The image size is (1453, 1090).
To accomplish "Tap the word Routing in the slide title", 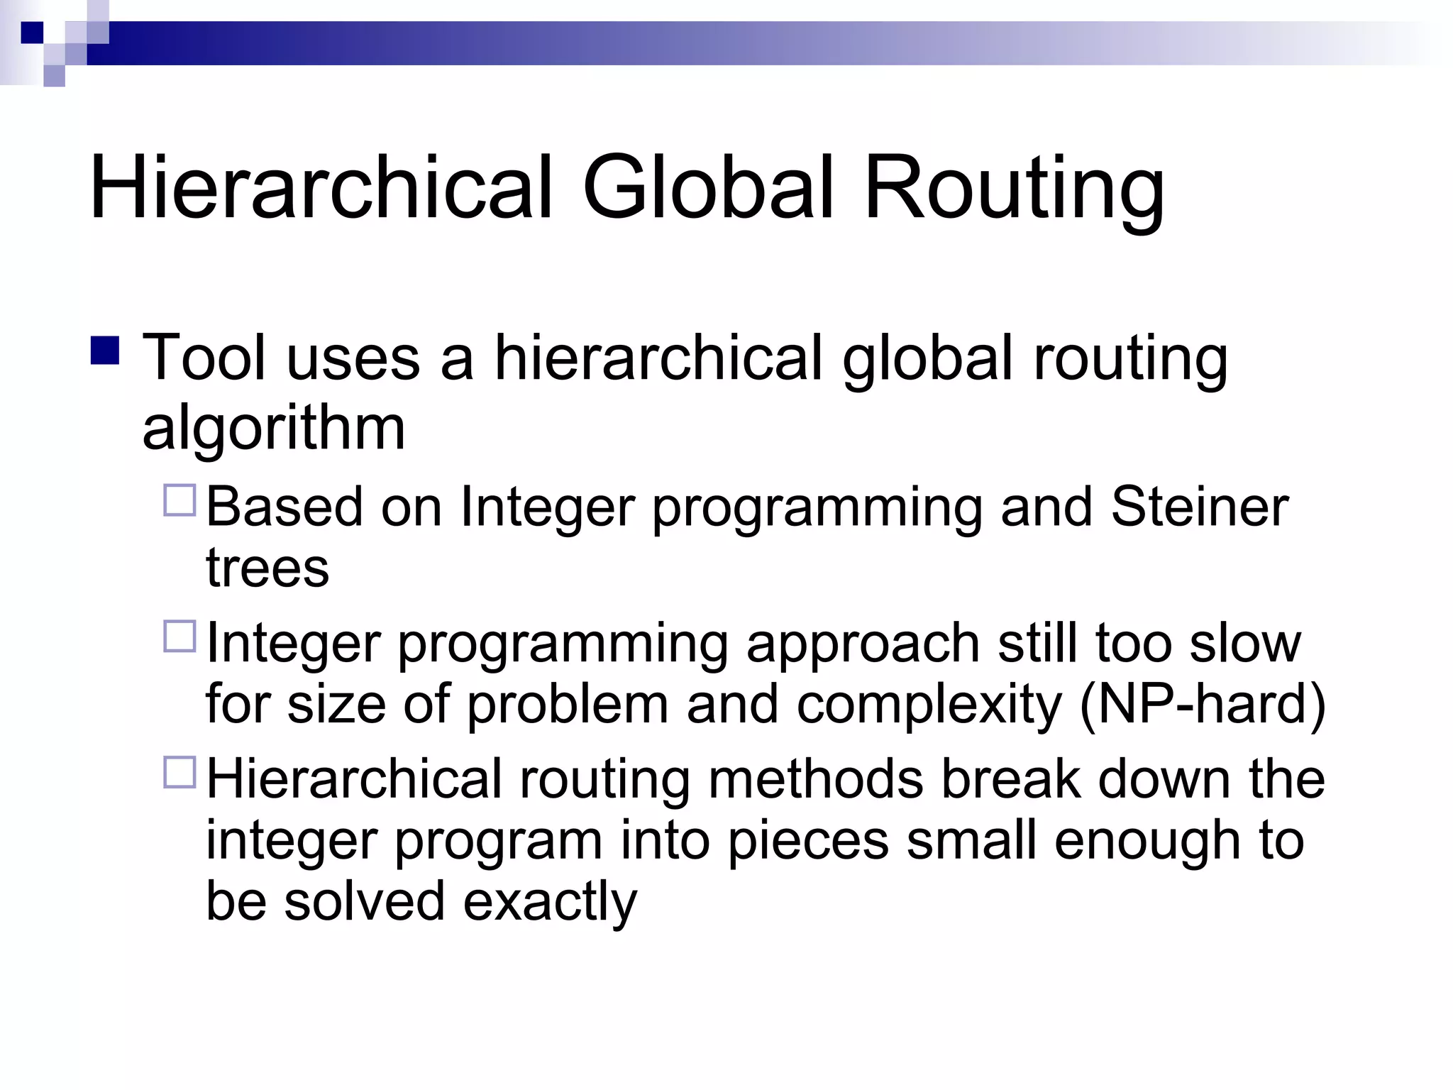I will pyautogui.click(x=1014, y=192).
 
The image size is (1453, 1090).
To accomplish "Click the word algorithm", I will pyautogui.click(x=273, y=430).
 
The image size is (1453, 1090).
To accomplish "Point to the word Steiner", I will pyautogui.click(x=1199, y=507).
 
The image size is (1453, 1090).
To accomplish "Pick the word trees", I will pyautogui.click(x=267, y=568).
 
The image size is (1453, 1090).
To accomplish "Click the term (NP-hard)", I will pyautogui.click(x=1202, y=705).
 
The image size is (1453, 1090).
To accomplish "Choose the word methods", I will pyautogui.click(x=816, y=779).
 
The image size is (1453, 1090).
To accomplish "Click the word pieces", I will pyautogui.click(x=808, y=842).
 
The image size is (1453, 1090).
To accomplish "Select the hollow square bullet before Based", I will pyautogui.click(x=179, y=500).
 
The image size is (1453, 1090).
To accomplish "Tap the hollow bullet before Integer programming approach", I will pyautogui.click(x=179, y=637).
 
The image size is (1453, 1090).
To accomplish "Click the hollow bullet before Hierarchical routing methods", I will pyautogui.click(x=179, y=773).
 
